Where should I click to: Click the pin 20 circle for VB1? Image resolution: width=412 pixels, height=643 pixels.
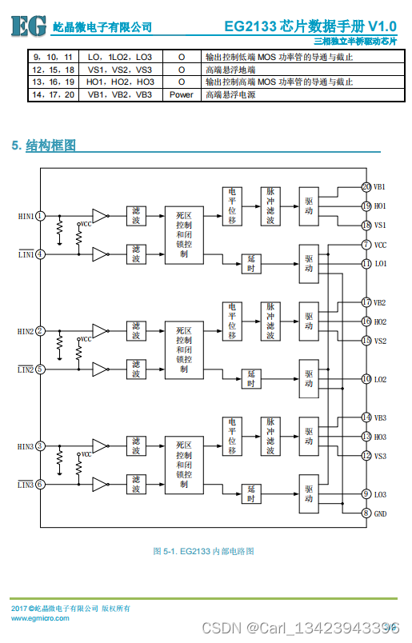coord(366,187)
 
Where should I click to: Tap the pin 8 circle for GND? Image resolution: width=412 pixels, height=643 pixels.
coord(366,513)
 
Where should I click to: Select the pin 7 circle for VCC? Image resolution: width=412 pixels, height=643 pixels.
coord(366,245)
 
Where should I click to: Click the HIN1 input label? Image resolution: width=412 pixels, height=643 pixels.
coord(26,216)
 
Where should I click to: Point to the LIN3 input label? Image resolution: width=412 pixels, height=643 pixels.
coord(26,485)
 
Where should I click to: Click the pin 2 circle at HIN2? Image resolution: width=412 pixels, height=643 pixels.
coord(40,331)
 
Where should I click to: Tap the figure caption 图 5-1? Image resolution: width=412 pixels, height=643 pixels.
coord(203,551)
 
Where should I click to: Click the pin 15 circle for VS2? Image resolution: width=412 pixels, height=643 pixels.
coord(366,341)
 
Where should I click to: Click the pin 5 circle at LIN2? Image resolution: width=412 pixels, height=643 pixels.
coord(40,369)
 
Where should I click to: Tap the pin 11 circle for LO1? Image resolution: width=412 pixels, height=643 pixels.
coord(366,264)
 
